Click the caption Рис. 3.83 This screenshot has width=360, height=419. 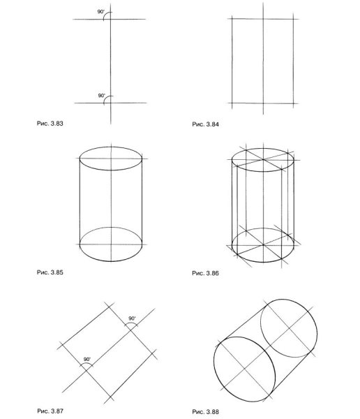coord(50,124)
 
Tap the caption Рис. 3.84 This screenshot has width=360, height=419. coord(205,124)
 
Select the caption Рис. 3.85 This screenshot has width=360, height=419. coord(50,272)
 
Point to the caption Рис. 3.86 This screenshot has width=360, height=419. coord(205,273)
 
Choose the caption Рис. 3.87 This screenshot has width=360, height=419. coord(50,411)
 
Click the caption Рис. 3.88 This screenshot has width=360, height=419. coord(205,411)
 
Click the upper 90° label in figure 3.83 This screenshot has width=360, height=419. coord(101,12)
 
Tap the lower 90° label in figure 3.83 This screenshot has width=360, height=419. coord(102,96)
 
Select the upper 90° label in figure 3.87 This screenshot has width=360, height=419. coord(132,318)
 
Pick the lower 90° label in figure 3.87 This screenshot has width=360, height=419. coord(87,360)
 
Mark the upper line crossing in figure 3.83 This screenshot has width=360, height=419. coord(110,20)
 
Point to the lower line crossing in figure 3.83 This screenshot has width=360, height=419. coord(111,103)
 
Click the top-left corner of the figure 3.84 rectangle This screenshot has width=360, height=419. coord(232,19)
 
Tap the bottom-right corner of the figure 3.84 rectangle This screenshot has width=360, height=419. coord(294,103)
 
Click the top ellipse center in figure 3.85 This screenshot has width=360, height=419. coord(111,159)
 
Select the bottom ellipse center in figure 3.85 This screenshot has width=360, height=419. coord(111,244)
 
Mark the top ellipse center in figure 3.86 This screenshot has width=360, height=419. coord(263,160)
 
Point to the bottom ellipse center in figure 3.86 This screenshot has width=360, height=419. coord(263,245)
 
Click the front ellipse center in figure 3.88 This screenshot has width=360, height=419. coord(244,369)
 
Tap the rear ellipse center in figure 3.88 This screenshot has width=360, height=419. coord(289,328)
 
